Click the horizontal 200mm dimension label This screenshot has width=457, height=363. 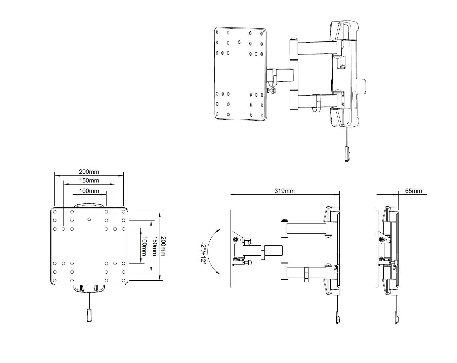coord(89,171)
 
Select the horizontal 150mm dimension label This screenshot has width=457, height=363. coord(89,180)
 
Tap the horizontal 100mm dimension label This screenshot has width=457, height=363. coord(89,191)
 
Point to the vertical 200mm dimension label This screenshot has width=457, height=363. coord(163,246)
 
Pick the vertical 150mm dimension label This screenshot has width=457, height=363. coord(155,246)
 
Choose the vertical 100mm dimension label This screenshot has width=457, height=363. coord(144,246)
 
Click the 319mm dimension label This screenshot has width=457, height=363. coord(285,191)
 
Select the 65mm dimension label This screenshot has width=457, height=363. coord(413,191)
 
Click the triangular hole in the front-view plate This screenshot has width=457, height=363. coord(89,219)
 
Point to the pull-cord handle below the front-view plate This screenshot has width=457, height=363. coord(89,315)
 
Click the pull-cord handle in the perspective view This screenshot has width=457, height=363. coord(347,154)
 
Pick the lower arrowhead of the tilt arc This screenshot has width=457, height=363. coord(218,273)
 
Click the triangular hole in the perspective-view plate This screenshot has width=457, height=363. coord(239,42)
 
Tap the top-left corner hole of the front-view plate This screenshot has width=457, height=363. coord(55,212)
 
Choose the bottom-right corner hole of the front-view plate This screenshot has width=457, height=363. coord(123,281)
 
